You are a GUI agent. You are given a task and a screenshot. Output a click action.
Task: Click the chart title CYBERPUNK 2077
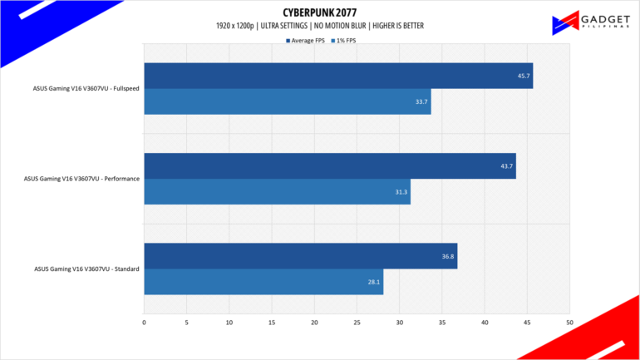pyautogui.click(x=320, y=12)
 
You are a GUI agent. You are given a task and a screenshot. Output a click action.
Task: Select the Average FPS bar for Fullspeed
pyautogui.click(x=338, y=76)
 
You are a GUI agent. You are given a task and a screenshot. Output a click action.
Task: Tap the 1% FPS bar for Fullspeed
pyautogui.click(x=288, y=101)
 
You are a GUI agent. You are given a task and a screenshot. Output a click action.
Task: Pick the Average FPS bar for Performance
pyautogui.click(x=330, y=165)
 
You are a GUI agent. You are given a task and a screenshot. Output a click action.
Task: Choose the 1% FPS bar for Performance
pyautogui.click(x=277, y=191)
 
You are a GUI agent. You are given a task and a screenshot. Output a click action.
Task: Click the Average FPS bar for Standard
pyautogui.click(x=300, y=256)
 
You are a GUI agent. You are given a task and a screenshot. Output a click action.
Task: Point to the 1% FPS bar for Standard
pyautogui.click(x=263, y=282)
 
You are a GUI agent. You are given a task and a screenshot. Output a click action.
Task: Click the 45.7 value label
pyautogui.click(x=524, y=76)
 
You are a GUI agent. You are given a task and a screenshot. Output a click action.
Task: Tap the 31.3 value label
pyautogui.click(x=401, y=192)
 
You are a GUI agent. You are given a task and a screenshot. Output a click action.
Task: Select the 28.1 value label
pyautogui.click(x=374, y=282)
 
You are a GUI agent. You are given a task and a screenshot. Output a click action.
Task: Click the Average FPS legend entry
pyautogui.click(x=305, y=41)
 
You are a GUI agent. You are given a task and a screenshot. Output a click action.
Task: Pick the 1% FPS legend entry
pyautogui.click(x=343, y=41)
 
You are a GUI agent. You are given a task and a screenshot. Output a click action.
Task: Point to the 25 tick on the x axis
pyautogui.click(x=357, y=323)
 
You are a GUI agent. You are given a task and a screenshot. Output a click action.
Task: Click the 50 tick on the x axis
pyautogui.click(x=569, y=323)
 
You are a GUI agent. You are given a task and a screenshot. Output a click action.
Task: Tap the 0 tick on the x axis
pyautogui.click(x=144, y=323)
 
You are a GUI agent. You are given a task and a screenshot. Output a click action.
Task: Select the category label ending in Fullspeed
pyautogui.click(x=86, y=88)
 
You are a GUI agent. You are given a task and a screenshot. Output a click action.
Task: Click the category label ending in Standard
pyautogui.click(x=86, y=269)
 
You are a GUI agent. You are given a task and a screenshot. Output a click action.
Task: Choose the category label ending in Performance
pyautogui.click(x=81, y=179)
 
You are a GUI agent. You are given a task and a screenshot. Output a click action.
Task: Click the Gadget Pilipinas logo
pyautogui.click(x=591, y=22)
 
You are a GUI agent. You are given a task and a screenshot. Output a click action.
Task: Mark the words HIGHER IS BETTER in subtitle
pyautogui.click(x=398, y=26)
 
